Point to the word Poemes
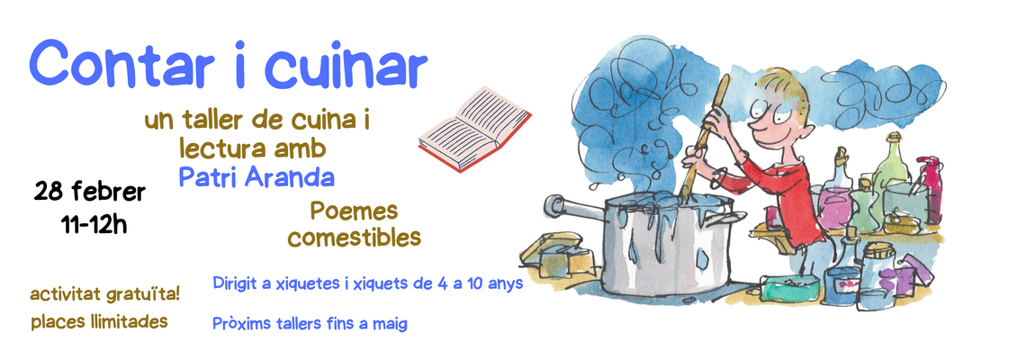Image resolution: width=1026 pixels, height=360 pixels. (354, 212)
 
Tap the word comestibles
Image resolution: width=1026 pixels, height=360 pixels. (354, 238)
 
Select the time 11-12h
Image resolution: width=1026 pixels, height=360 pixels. (94, 224)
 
